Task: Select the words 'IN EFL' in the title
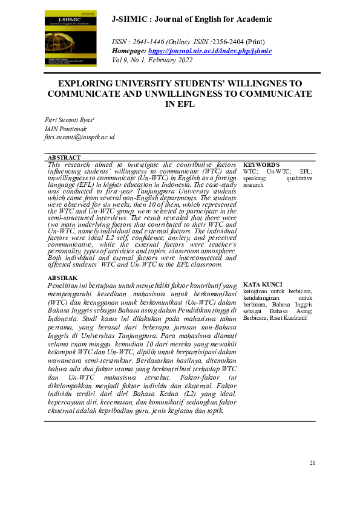(180, 104)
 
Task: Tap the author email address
(79, 137)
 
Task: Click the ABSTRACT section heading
(64, 157)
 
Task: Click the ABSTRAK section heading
(62, 277)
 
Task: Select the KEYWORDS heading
(261, 164)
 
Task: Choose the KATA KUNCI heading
(263, 284)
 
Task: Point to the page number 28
(312, 463)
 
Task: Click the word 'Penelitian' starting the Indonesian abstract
(65, 285)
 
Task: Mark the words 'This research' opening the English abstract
(70, 164)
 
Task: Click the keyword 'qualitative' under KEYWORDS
(299, 178)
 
